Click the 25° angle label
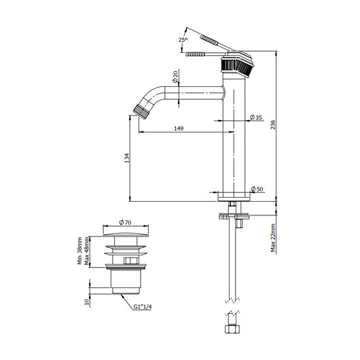tap(183, 40)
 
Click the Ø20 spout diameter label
tap(175, 79)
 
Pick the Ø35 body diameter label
tap(256, 118)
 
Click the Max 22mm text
tap(274, 240)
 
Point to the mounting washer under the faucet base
tap(235, 217)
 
